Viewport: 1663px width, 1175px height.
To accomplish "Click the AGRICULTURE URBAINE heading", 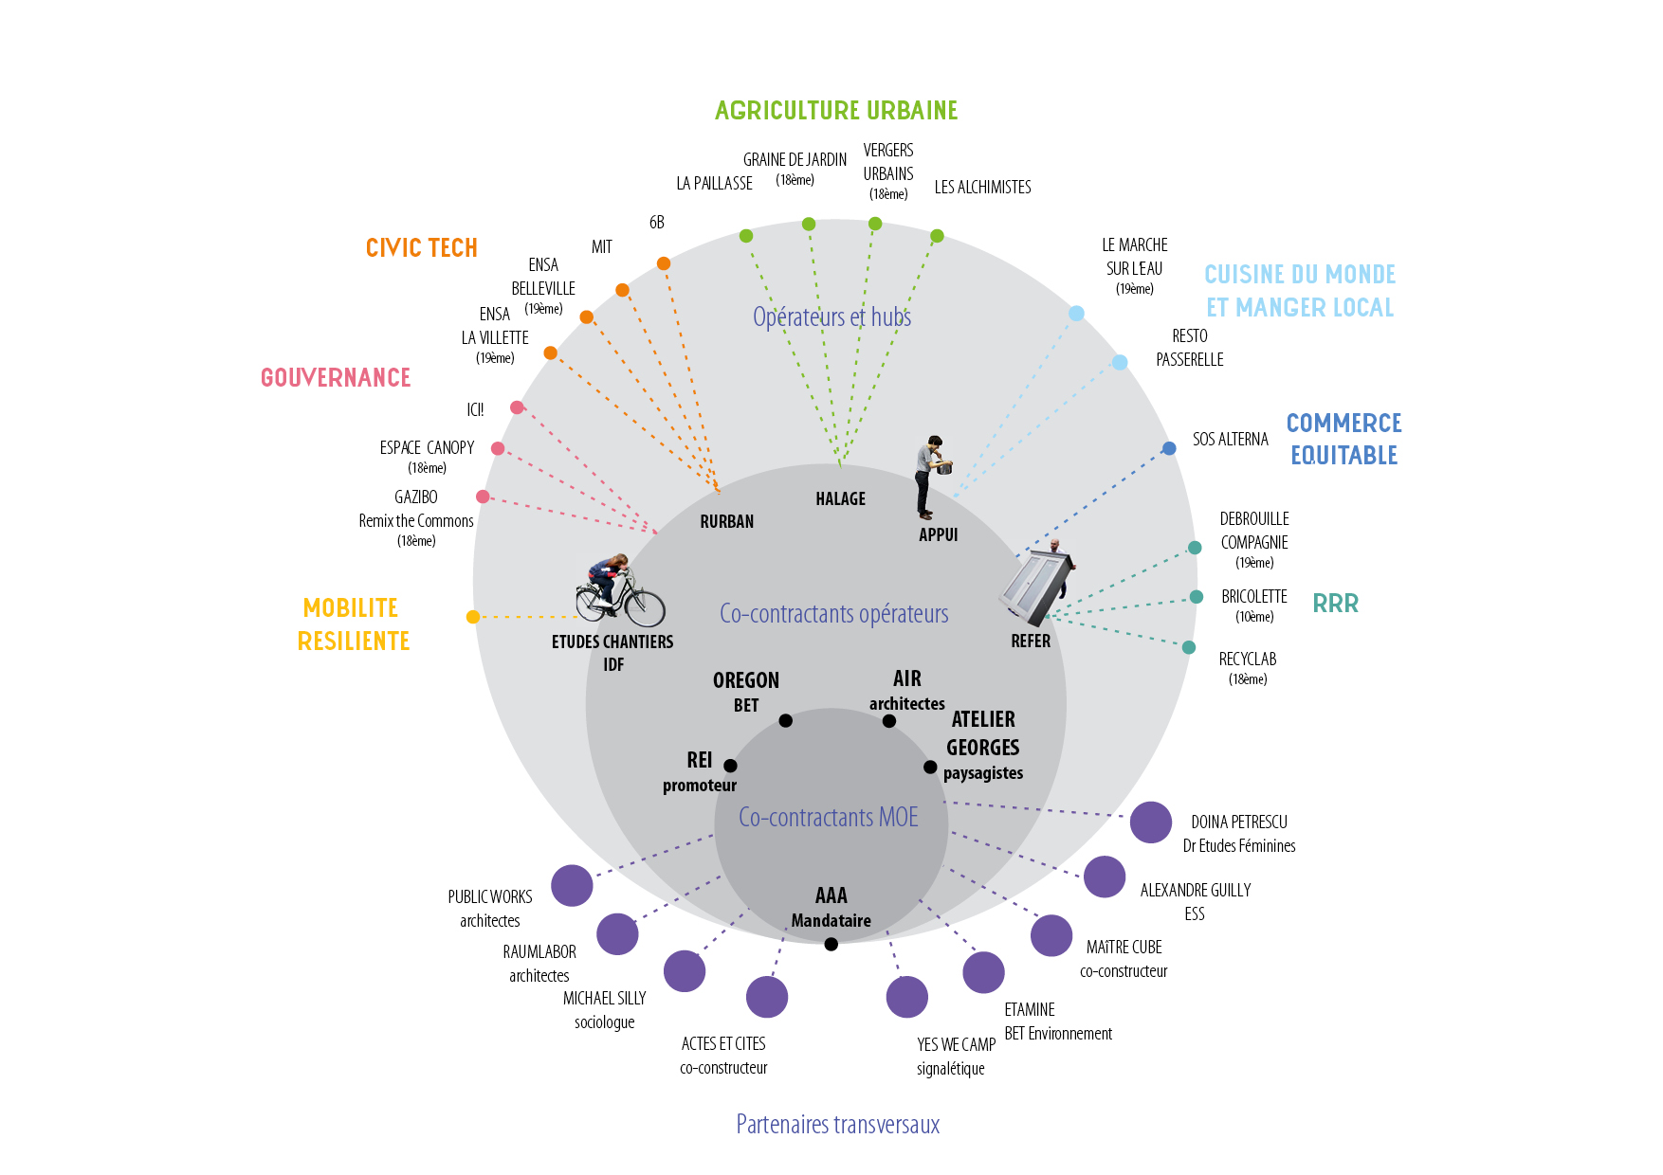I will [836, 111].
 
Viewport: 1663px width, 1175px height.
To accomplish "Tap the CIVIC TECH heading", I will [422, 248].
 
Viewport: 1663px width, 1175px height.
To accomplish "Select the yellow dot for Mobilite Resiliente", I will [473, 617].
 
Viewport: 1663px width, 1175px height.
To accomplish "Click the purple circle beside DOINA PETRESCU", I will [1151, 822].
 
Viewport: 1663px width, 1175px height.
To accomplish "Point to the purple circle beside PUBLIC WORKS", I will [572, 886].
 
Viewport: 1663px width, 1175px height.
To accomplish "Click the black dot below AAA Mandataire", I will [831, 944].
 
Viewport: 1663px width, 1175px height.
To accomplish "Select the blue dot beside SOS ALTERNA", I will [1169, 448].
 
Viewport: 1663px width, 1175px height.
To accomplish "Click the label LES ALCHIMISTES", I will [982, 188].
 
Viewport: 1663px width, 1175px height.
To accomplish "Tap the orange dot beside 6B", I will [664, 263].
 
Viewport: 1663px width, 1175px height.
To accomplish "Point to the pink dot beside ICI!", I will [517, 407].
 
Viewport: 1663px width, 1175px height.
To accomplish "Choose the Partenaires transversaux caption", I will [838, 1125].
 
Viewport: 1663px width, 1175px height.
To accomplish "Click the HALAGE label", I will [840, 499].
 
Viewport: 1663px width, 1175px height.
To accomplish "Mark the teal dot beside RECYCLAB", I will [1189, 647].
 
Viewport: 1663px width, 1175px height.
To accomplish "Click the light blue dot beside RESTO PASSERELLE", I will [1120, 362].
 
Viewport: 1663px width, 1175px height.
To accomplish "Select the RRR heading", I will [1335, 604].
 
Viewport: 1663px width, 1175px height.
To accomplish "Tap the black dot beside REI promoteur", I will [730, 766].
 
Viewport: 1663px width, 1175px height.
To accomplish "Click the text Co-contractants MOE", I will [829, 818].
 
